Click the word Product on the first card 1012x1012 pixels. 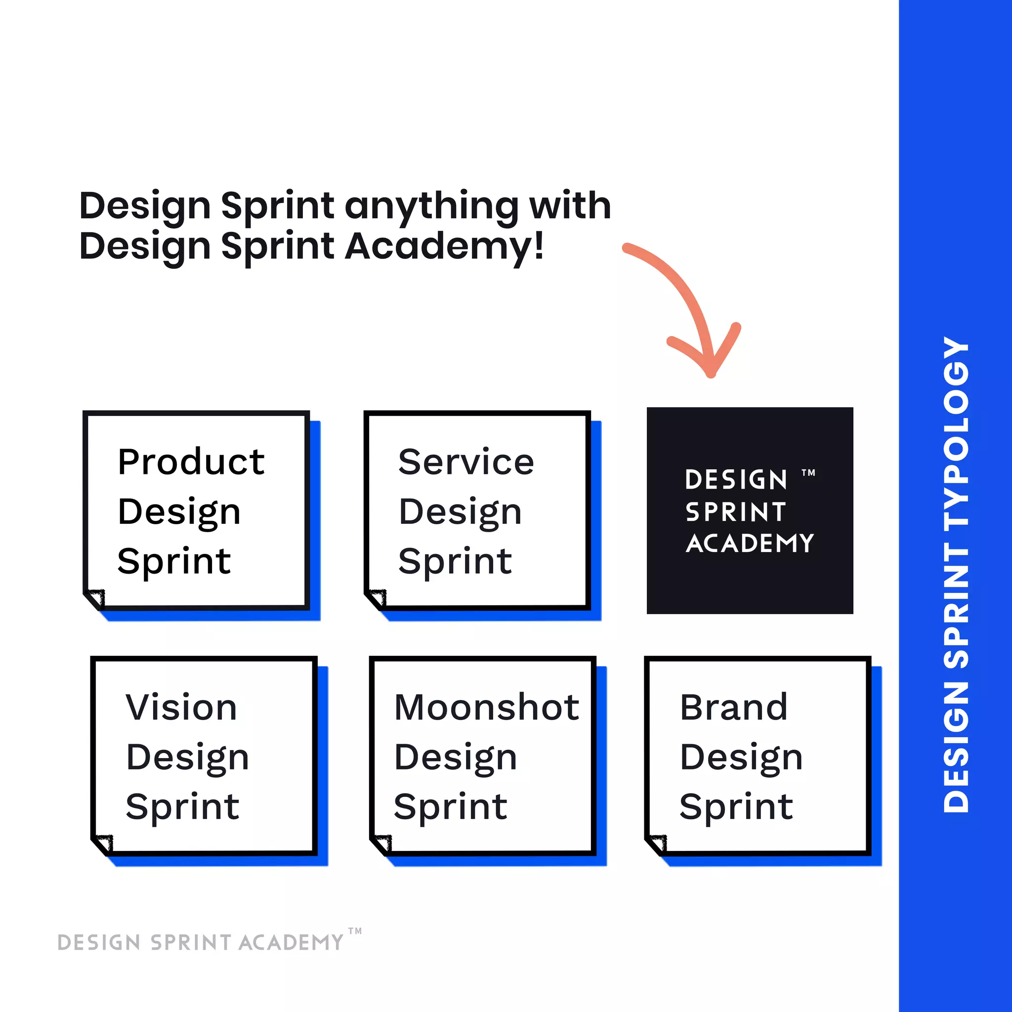point(191,462)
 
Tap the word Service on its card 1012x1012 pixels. point(465,462)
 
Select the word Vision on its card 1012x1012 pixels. point(181,708)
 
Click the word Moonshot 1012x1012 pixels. point(487,708)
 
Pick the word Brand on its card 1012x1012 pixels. point(733,708)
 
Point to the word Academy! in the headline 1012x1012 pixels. point(444,246)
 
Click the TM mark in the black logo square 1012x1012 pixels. point(808,473)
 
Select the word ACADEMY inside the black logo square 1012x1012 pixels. point(750,544)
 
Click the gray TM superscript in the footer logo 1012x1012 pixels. point(355,931)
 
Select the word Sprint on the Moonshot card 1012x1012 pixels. point(450,807)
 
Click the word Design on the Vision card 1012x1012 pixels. point(187,758)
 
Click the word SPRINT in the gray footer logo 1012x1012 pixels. point(191,943)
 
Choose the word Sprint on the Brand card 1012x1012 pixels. point(736,807)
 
